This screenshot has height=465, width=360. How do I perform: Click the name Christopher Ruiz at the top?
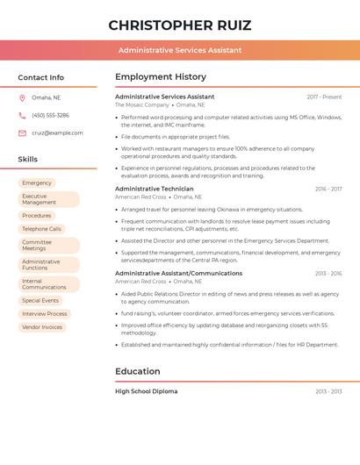click(179, 25)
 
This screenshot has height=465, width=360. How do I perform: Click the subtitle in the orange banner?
click(179, 50)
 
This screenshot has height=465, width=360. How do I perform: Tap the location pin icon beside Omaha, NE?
click(22, 97)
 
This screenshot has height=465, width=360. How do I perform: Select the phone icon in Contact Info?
click(22, 115)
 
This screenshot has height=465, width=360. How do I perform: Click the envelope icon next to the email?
click(22, 133)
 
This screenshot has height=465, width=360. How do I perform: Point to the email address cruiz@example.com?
click(57, 133)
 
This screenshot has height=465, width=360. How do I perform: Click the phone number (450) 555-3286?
click(50, 115)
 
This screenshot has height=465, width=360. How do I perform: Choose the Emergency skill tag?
click(37, 183)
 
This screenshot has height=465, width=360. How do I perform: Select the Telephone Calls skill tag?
click(41, 229)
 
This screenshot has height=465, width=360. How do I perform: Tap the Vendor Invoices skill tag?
click(42, 327)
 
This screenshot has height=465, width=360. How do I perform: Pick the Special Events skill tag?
click(40, 300)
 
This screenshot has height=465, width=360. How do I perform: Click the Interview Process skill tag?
click(44, 313)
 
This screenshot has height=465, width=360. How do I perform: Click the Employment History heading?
click(161, 77)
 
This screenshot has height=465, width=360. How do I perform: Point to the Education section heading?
click(138, 371)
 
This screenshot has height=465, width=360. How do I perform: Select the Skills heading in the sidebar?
click(28, 160)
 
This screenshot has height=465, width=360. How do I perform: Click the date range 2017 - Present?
click(324, 97)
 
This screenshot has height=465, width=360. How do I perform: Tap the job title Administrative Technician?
click(155, 189)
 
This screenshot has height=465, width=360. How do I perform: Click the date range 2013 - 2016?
click(328, 274)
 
